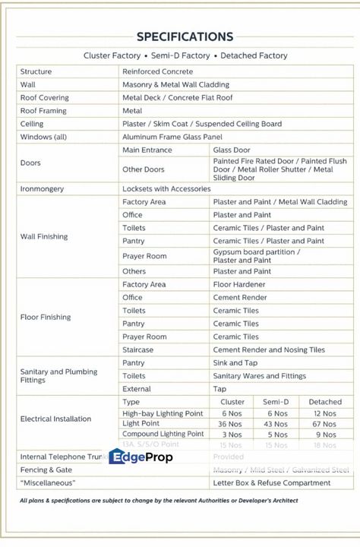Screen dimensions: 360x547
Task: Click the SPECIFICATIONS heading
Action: point(185,36)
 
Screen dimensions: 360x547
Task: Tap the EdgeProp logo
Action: point(141,457)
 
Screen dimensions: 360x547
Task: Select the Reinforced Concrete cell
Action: point(158,71)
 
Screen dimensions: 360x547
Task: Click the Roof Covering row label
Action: point(44,98)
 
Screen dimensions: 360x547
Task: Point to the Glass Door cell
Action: point(232,150)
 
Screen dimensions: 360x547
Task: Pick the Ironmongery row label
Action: point(42,189)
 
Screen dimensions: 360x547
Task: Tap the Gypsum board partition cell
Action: point(256,256)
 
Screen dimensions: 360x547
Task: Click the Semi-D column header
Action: point(276,402)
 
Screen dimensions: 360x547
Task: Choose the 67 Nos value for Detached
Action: point(324,424)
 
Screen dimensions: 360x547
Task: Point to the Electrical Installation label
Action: point(55,419)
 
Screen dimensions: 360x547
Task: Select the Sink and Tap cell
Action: point(235,363)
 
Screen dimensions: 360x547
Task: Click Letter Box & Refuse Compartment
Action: point(271,482)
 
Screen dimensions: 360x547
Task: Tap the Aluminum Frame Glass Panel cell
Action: point(172,137)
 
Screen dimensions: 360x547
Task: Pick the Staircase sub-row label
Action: point(137,349)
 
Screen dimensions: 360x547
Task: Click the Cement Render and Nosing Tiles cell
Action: point(269,349)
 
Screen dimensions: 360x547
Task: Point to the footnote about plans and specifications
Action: point(159,501)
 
